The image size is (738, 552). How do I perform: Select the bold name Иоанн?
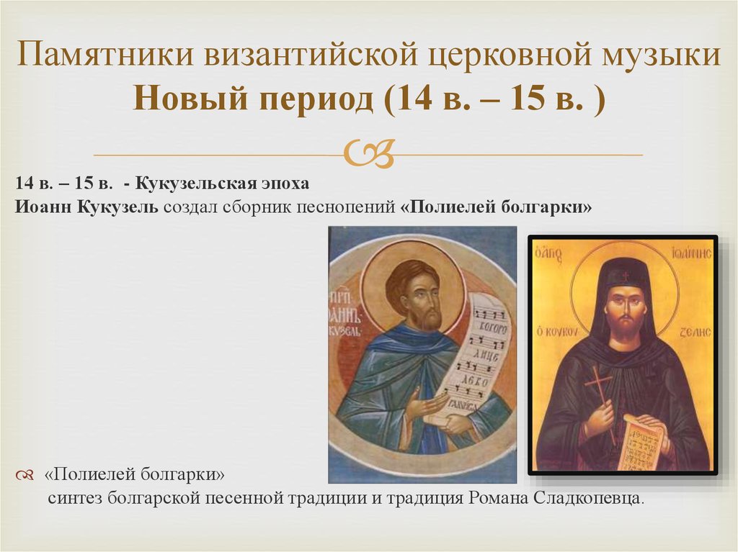(x=46, y=207)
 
